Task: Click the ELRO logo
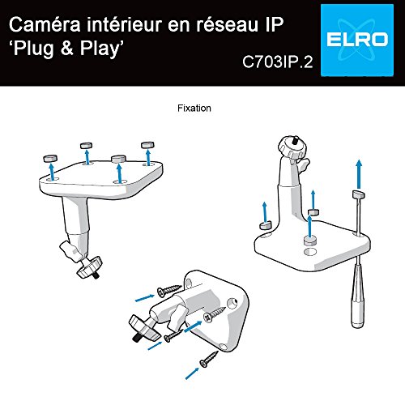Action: click(x=357, y=40)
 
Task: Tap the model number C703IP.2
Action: click(x=278, y=62)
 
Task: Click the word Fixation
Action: click(x=194, y=109)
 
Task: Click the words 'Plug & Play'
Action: click(x=66, y=49)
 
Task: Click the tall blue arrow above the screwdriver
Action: click(x=359, y=174)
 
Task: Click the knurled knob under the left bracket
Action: click(x=89, y=267)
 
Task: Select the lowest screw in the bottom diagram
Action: click(x=209, y=360)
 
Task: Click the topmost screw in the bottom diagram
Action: click(x=169, y=290)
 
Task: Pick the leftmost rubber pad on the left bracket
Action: click(x=50, y=158)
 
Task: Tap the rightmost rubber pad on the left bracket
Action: click(x=147, y=145)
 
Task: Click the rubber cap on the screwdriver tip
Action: click(x=359, y=194)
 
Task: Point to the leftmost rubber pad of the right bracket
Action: click(x=265, y=225)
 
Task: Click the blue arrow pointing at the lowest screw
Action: click(x=192, y=373)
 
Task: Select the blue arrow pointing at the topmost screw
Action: click(x=145, y=298)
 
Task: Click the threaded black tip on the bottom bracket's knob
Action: click(x=135, y=338)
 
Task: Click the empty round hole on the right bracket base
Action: click(x=310, y=252)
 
